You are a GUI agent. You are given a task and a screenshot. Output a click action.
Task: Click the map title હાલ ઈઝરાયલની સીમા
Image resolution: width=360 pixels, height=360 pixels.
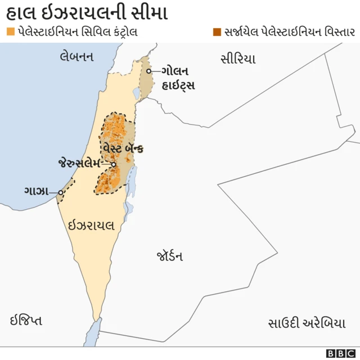[87, 12]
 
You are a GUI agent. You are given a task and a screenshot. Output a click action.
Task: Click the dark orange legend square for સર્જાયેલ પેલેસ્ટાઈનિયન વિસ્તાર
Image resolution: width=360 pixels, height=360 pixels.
[217, 32]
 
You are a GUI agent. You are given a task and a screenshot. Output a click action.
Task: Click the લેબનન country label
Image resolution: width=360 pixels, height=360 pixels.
[76, 56]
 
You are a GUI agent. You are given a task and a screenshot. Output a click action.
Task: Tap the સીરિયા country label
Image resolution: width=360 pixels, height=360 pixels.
[238, 58]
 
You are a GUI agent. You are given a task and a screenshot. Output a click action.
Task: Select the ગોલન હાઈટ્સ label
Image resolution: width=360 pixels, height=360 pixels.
[178, 78]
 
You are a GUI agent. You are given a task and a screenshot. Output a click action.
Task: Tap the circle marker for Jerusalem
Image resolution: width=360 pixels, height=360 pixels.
[114, 164]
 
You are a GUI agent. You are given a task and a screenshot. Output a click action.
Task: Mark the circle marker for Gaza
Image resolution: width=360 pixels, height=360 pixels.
[61, 192]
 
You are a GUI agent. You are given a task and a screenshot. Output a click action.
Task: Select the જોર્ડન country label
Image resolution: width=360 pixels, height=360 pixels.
[169, 256]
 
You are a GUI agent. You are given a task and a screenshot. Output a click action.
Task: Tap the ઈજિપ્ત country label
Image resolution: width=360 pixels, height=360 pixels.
[26, 321]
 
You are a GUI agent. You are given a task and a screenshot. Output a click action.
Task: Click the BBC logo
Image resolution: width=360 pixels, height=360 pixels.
[341, 353]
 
